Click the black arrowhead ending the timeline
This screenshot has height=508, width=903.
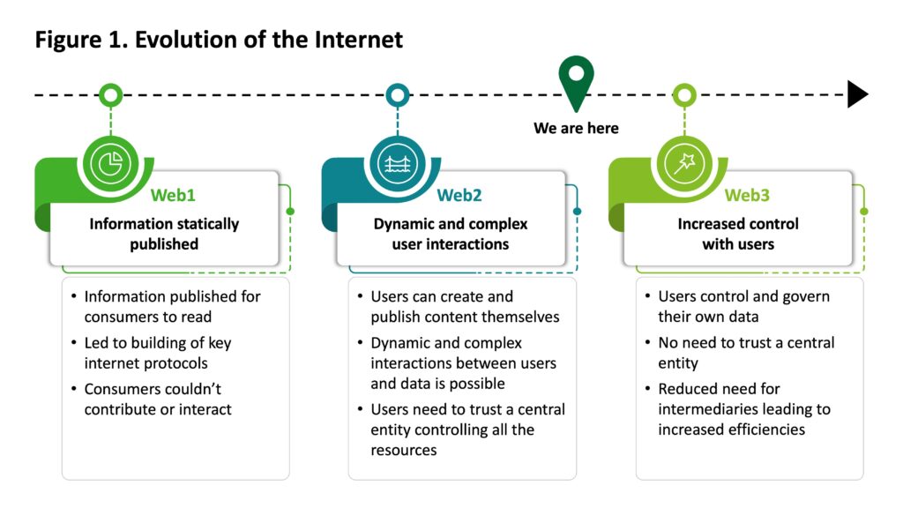pos(857,93)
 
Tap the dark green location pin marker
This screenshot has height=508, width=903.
pos(575,81)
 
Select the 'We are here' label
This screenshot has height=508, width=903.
pos(576,129)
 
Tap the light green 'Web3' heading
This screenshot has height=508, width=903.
pos(747,196)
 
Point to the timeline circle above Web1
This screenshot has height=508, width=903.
pos(110,93)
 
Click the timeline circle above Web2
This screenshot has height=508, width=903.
pos(398,93)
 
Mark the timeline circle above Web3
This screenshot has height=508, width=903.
pos(684,93)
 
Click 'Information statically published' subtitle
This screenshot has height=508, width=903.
pos(163,234)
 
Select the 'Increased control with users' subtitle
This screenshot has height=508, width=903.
pos(737,234)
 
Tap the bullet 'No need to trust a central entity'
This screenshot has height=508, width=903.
pos(745,352)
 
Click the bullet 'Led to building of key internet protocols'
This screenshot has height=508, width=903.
pos(157,352)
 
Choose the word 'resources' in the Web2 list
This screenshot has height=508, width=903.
pos(403,450)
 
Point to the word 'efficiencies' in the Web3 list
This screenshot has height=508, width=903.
pos(762,430)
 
